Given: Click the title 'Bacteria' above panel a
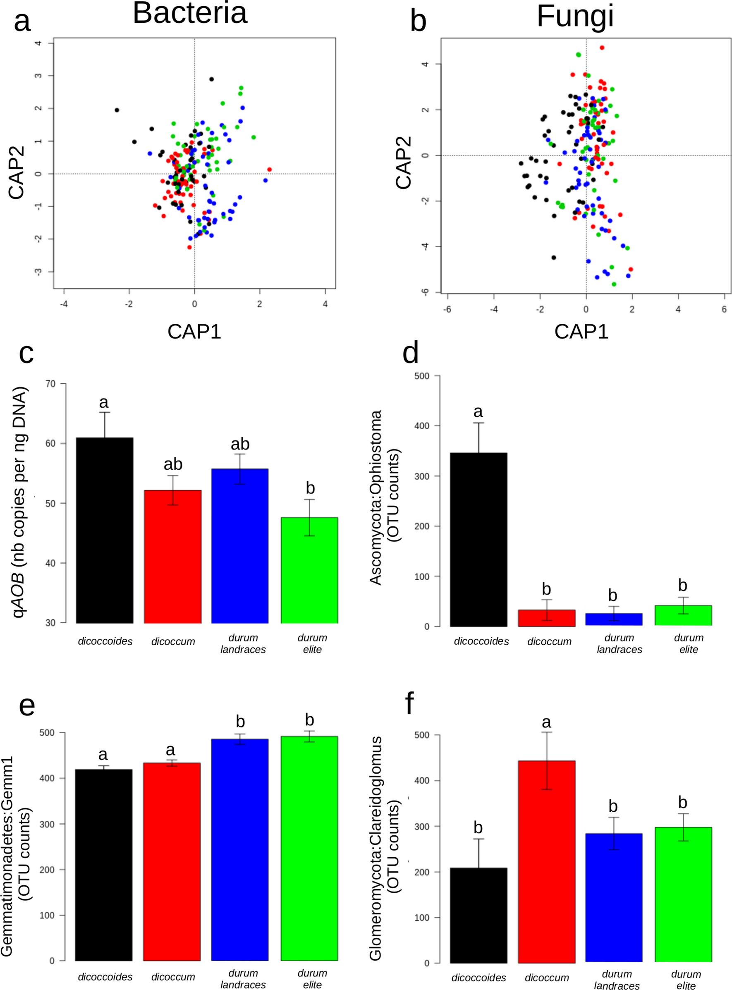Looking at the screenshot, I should click(190, 13).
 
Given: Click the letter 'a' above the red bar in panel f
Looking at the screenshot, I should click(546, 722).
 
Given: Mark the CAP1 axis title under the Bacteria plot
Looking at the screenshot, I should click(194, 331).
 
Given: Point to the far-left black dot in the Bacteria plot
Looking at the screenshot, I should click(117, 110).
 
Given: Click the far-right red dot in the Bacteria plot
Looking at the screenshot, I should click(269, 169).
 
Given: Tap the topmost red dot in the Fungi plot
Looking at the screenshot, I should click(602, 48).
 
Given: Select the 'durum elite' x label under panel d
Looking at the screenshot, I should click(689, 643).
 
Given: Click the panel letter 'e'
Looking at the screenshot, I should click(27, 707).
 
